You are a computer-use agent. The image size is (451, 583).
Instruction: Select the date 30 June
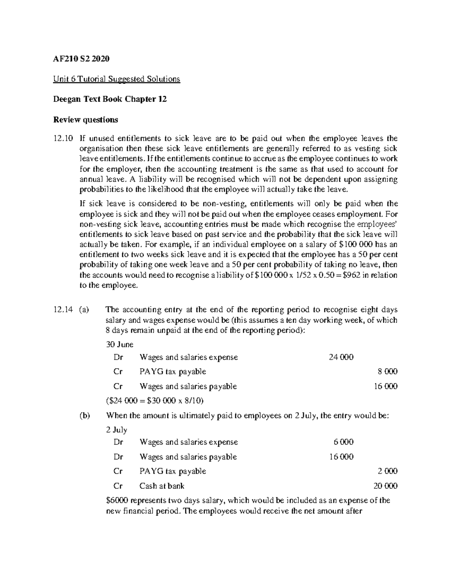[120, 344]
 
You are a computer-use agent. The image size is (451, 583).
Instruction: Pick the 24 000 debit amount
[341, 357]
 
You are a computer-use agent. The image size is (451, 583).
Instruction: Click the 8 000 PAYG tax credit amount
[387, 372]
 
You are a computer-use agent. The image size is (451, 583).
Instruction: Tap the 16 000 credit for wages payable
[386, 386]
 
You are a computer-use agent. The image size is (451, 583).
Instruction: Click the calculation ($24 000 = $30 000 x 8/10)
[155, 401]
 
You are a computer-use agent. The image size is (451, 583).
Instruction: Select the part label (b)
[85, 416]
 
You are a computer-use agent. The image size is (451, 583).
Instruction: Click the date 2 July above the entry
[117, 430]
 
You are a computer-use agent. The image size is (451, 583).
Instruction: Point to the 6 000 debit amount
[344, 442]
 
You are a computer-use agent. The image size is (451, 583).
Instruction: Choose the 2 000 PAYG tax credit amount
[387, 471]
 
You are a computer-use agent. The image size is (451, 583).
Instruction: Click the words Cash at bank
[162, 486]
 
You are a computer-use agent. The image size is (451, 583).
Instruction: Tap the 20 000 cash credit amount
[385, 486]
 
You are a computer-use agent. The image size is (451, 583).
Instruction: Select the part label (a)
[85, 310]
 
